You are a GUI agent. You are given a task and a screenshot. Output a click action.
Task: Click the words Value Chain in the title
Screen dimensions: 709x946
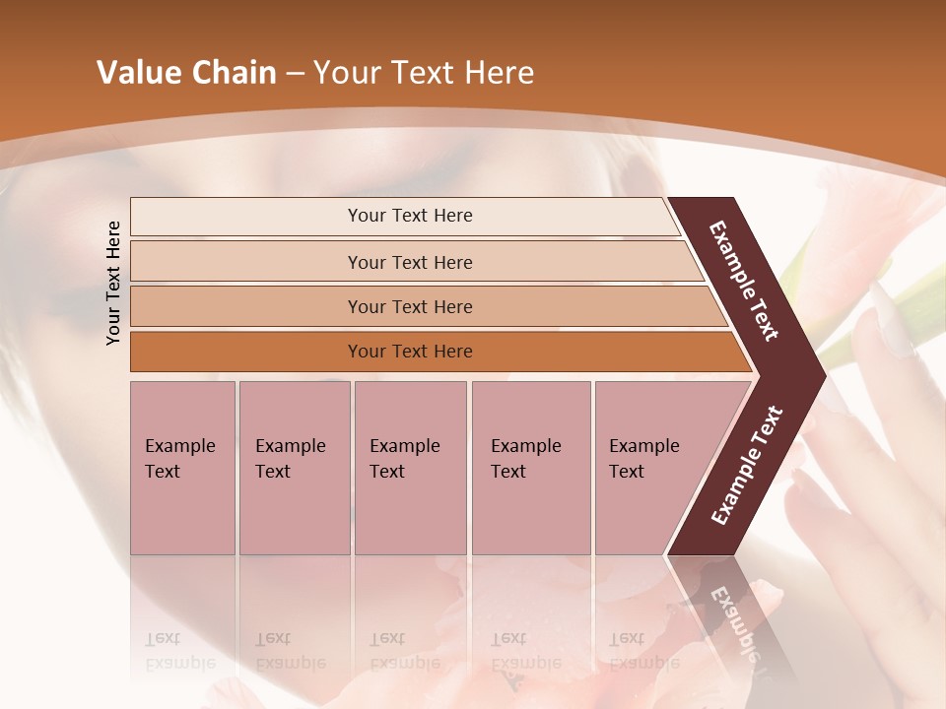[186, 73]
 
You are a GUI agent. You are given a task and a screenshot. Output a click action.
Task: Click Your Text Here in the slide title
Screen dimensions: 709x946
[424, 73]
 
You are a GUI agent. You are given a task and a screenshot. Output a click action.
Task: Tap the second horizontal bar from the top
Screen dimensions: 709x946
[409, 262]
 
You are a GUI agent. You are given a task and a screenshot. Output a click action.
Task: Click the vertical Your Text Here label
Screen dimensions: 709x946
[113, 283]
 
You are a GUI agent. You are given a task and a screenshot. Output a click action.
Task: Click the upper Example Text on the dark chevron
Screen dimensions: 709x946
[745, 281]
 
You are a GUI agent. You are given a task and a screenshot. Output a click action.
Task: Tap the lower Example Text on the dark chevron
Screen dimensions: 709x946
[747, 465]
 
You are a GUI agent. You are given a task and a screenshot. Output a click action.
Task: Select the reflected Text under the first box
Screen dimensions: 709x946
[164, 638]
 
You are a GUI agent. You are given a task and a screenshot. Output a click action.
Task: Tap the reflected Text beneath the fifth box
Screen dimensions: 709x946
[627, 638]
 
